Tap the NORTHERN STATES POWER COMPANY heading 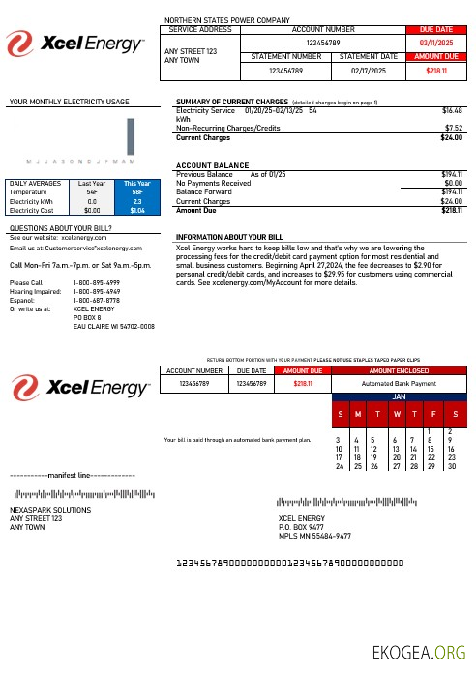(227, 19)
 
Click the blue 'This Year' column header (137, 182)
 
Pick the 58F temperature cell (137, 192)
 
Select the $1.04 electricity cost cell (137, 209)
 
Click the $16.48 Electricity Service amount (451, 111)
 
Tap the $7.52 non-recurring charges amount (452, 127)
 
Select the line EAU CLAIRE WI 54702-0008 (114, 327)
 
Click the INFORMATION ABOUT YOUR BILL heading (229, 237)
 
